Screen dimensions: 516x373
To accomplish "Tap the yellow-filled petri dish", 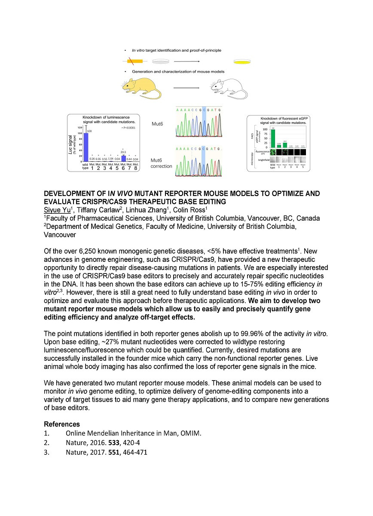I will tap(241, 62).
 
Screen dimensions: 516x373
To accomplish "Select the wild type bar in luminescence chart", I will tap(86, 147).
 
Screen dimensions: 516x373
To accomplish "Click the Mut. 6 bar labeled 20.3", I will tap(123, 158).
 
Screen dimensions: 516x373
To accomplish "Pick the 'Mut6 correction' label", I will tap(161, 163).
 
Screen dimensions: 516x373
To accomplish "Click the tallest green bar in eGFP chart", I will tap(272, 138).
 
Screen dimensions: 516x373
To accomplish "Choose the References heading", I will tap(61, 424).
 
